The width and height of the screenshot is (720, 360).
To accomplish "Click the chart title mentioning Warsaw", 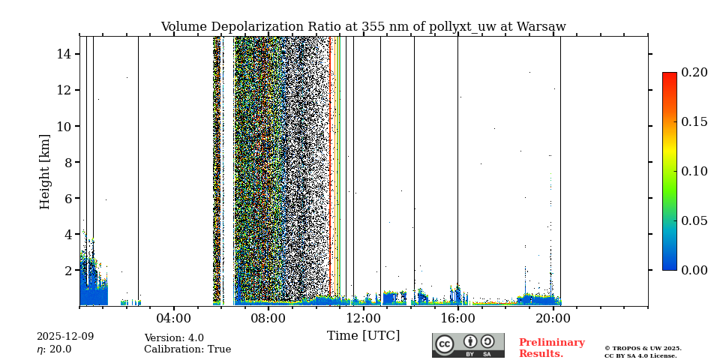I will coord(363,27).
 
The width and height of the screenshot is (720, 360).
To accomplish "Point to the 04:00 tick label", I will coord(174,318).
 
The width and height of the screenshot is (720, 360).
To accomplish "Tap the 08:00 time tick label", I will coord(268,318).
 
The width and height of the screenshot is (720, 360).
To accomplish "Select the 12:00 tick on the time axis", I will coord(363,318).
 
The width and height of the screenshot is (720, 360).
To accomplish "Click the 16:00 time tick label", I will coord(457,318).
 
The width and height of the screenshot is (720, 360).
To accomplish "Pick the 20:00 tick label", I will coord(553,318).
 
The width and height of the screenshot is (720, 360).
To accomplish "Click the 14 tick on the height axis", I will coord(63,54).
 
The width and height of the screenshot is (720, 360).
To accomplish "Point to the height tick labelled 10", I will coord(63,126).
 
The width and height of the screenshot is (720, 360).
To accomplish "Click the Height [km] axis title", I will coord(45,171).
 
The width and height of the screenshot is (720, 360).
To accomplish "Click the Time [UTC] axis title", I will coord(363,336).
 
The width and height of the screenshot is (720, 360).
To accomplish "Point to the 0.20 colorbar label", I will coord(694,73).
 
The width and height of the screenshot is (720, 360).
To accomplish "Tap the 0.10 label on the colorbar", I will coord(694,171).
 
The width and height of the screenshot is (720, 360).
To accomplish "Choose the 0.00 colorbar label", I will coord(694,270).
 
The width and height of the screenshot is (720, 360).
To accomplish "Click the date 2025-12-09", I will coord(65,337).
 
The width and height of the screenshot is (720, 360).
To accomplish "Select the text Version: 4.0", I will coord(174,338).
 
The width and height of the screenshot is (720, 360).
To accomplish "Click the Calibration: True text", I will coord(187,349).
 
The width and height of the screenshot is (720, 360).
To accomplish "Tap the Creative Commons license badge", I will coord(468,345).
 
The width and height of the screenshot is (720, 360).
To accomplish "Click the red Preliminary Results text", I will coord(551,348).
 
